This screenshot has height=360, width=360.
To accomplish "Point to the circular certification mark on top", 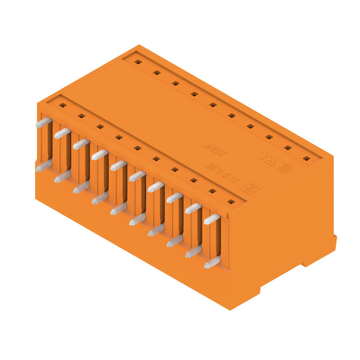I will tap(284, 169).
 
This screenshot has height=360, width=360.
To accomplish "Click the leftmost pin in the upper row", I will tap(43, 122).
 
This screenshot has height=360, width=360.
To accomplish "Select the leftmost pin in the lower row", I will tap(44, 167).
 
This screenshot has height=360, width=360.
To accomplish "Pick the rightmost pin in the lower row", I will tap(212, 262).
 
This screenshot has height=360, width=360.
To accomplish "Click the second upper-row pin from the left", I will tap(62, 133).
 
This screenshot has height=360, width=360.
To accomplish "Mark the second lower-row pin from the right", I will tap(193, 252).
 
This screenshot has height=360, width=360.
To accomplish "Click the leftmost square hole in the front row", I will tap(63, 105).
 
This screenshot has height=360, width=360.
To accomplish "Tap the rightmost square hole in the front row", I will tap(231, 202).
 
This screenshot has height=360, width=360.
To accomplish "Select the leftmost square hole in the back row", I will tap(138, 62).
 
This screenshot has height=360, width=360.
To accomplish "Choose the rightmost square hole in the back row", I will tap(306, 158).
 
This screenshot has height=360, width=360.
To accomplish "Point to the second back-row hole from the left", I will tap(157, 72).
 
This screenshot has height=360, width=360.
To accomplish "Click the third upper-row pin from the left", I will tap(81, 144).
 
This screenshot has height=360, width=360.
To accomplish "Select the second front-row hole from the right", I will tap(212, 191).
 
